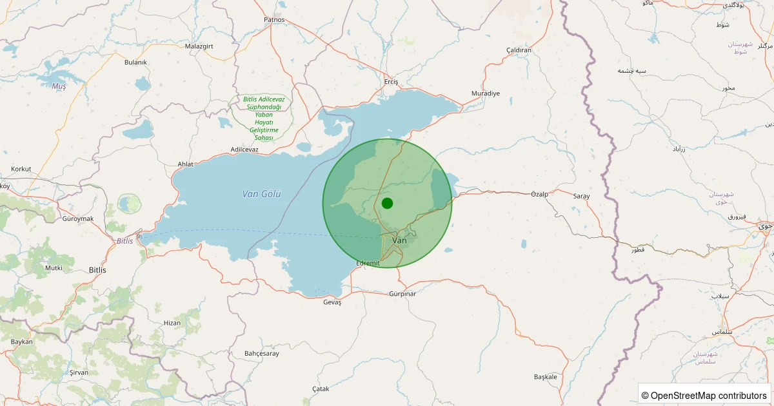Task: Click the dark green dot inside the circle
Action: (x=387, y=203)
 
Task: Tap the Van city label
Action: (x=400, y=240)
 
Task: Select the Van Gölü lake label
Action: (x=262, y=194)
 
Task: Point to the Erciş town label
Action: (x=392, y=82)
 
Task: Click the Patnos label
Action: (x=274, y=19)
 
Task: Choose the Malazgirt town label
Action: (x=199, y=46)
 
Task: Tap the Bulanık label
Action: (x=135, y=62)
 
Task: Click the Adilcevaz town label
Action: (x=244, y=150)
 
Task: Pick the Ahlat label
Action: (x=185, y=164)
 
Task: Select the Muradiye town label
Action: (x=486, y=93)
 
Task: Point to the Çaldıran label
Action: (x=519, y=50)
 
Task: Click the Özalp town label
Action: (x=539, y=194)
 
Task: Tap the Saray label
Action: (x=581, y=196)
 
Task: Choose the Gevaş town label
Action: (x=332, y=302)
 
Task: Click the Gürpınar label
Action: (x=402, y=294)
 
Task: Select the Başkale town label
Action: (x=545, y=376)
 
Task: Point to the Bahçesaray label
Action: (x=262, y=353)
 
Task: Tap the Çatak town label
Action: (x=321, y=389)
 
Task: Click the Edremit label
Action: (x=369, y=264)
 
